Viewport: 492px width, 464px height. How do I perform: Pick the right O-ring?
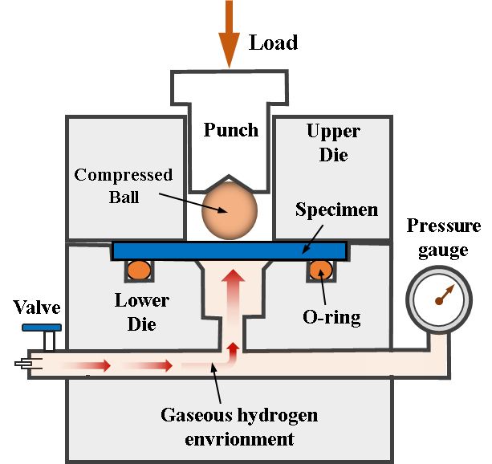(320, 270)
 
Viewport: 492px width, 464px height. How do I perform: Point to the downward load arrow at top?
(230, 32)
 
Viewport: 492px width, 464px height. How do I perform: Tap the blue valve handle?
(43, 328)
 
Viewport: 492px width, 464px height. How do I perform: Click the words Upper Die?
(333, 142)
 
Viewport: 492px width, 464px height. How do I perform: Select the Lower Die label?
(142, 312)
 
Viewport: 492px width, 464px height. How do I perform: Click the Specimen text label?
(337, 211)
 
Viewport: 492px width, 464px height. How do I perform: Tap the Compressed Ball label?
(123, 185)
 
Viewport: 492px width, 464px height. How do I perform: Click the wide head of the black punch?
(230, 85)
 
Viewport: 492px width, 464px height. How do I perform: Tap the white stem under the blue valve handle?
(49, 340)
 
